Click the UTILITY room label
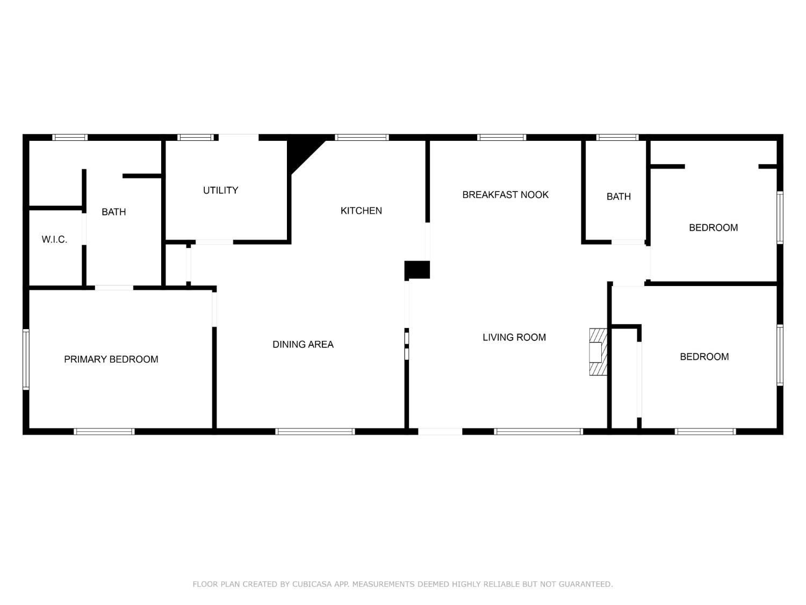[220, 190]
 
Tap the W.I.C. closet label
[54, 240]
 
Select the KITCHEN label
[361, 211]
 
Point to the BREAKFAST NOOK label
[505, 195]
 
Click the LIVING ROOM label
[514, 338]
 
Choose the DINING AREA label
[303, 345]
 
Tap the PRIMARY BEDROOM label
[111, 359]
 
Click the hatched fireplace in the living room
[598, 352]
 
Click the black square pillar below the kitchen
[417, 270]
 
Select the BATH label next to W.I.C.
[113, 212]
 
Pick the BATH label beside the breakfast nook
[618, 197]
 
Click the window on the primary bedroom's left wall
[26, 359]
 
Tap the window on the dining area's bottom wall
[315, 431]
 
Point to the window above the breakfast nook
[501, 138]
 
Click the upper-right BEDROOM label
[713, 228]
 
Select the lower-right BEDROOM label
[704, 357]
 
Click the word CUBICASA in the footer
[314, 584]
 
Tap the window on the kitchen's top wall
[362, 138]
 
